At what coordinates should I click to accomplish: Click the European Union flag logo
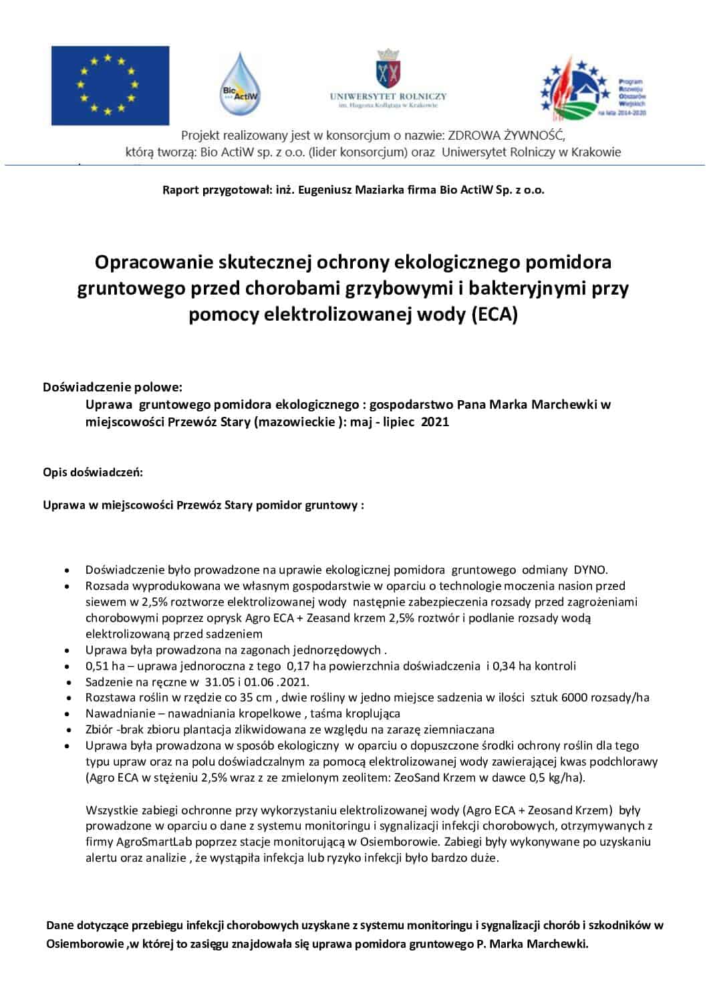pyautogui.click(x=110, y=86)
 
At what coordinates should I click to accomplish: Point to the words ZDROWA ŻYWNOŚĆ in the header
pyautogui.click(x=506, y=136)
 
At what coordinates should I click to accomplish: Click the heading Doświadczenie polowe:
pyautogui.click(x=112, y=387)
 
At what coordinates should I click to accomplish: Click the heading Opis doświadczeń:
pyautogui.click(x=93, y=472)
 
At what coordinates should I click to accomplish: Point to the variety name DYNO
pyautogui.click(x=590, y=570)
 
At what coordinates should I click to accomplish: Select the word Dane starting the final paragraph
pyautogui.click(x=59, y=925)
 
